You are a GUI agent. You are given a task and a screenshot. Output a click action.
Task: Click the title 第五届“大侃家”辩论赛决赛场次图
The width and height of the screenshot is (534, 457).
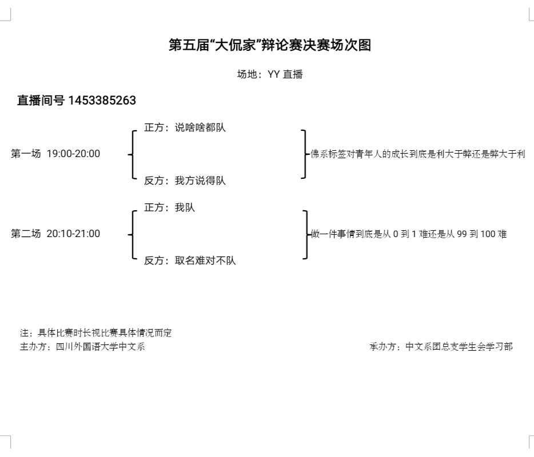[270, 45]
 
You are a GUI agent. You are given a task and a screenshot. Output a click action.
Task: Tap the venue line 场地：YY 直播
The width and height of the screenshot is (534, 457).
[270, 74]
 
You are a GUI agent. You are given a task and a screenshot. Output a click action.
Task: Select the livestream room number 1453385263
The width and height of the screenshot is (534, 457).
[102, 101]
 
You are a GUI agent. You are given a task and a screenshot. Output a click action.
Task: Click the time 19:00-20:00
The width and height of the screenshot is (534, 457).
[73, 154]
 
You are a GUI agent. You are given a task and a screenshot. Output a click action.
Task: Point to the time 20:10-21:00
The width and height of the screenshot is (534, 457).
[73, 234]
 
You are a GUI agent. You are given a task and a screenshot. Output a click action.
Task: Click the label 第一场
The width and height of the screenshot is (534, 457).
[26, 154]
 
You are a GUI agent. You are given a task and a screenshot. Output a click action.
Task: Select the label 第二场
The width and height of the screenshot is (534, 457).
[26, 234]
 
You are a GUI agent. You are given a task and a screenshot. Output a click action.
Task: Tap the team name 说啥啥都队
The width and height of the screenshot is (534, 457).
[200, 128]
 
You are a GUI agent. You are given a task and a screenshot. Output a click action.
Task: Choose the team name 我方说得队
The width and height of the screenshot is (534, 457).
[200, 181]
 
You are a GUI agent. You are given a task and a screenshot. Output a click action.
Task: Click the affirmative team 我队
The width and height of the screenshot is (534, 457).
[185, 208]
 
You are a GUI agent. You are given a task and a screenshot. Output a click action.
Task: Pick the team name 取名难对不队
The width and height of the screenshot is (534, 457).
[205, 261]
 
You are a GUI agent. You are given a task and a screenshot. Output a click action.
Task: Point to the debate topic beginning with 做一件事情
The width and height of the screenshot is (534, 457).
[408, 234]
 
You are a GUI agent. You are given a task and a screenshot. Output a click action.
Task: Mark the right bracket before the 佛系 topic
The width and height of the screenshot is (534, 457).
[305, 154]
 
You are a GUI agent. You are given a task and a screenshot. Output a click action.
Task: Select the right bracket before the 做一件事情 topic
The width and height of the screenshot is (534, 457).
[305, 234]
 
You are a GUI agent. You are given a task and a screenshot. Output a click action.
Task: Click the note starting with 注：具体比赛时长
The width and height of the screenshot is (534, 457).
[96, 333]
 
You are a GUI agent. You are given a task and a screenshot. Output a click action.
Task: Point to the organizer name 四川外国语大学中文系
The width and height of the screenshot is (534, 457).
[100, 346]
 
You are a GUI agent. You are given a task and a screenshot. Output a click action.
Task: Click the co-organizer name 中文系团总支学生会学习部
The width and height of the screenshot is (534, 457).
[459, 346]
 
